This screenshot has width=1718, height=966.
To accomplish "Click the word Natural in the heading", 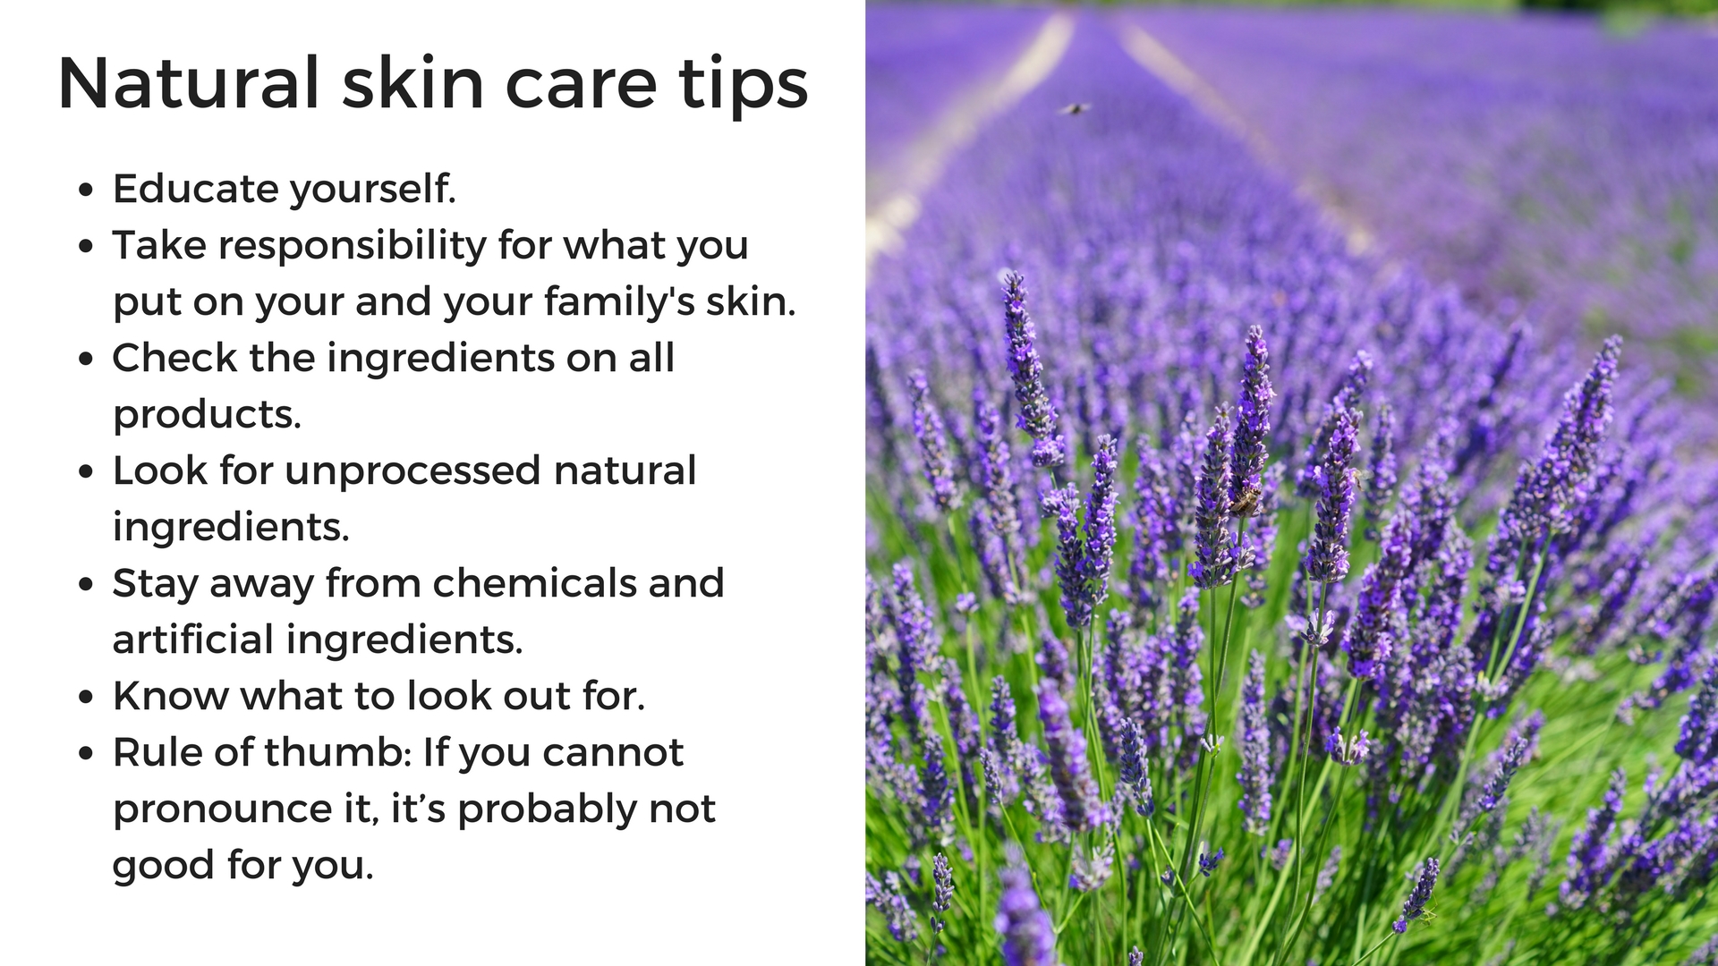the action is (x=188, y=83).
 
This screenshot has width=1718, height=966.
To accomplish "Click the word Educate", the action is (x=195, y=188).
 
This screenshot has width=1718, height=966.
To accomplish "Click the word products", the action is (x=207, y=414).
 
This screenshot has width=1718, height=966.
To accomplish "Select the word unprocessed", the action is (x=413, y=471).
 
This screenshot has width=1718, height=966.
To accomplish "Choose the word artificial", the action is (x=192, y=640).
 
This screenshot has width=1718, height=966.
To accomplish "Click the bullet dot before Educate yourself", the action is (x=86, y=190).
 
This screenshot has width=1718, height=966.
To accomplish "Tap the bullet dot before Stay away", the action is (x=86, y=585).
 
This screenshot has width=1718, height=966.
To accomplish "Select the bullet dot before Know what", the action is (x=86, y=697).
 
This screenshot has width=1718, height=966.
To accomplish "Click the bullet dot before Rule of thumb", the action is (x=86, y=753).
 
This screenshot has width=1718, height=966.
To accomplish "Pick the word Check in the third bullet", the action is (x=175, y=358).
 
